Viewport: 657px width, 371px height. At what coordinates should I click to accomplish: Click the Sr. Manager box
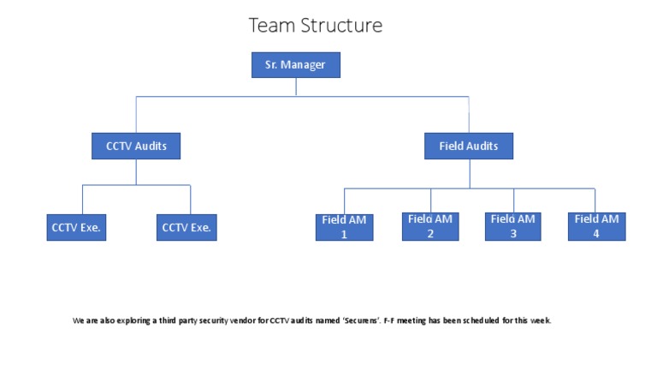click(x=296, y=65)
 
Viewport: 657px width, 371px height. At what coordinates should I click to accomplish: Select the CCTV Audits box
click(x=136, y=146)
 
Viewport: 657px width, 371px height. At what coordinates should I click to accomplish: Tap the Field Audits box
click(x=468, y=146)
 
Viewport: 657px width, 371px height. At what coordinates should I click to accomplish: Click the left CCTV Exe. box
click(x=77, y=228)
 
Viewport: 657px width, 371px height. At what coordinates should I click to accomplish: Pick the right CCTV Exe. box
click(x=186, y=228)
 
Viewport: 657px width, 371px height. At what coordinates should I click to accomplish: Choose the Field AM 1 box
click(x=344, y=227)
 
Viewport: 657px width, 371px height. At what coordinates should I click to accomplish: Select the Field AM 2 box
click(x=431, y=226)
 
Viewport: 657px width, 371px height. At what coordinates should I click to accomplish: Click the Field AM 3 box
click(x=514, y=226)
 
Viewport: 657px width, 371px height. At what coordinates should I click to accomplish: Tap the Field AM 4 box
click(x=596, y=226)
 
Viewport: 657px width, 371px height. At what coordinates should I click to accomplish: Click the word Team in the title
click(x=270, y=26)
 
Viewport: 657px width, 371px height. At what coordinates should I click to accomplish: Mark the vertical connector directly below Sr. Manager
click(x=296, y=87)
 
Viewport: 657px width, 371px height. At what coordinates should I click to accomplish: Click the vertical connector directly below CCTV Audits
click(x=136, y=171)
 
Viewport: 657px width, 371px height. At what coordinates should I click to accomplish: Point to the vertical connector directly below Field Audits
click(x=468, y=173)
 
